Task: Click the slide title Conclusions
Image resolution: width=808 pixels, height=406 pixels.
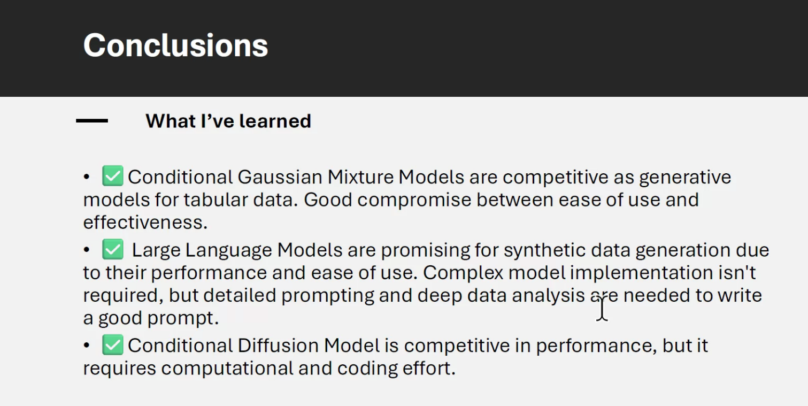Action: pyautogui.click(x=175, y=45)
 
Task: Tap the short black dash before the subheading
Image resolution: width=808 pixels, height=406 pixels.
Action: pyautogui.click(x=92, y=121)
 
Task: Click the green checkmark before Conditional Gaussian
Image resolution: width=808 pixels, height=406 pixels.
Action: pyautogui.click(x=113, y=177)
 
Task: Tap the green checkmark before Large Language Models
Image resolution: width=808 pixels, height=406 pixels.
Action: pyautogui.click(x=113, y=250)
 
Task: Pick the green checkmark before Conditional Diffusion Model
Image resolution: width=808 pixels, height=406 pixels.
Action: pyautogui.click(x=113, y=345)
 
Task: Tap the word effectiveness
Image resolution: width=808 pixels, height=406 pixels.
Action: pyautogui.click(x=144, y=223)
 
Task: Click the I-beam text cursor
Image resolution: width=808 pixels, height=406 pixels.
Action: pyautogui.click(x=602, y=309)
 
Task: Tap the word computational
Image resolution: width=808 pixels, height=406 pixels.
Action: pyautogui.click(x=229, y=369)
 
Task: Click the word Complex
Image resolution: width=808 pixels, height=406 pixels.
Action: pyautogui.click(x=463, y=273)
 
